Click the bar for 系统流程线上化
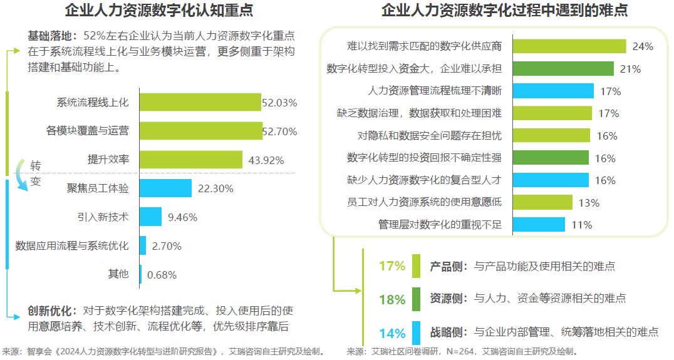coord(199,102)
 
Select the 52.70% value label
coord(280,131)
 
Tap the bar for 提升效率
coord(190,159)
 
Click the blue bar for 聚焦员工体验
coord(165,188)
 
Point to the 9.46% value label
coord(183,217)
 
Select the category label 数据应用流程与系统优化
coord(72,245)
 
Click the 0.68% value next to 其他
coord(162,274)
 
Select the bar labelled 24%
coord(570,46)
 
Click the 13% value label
coord(589,202)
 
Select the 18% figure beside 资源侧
coord(392,299)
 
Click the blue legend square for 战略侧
coord(417,332)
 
